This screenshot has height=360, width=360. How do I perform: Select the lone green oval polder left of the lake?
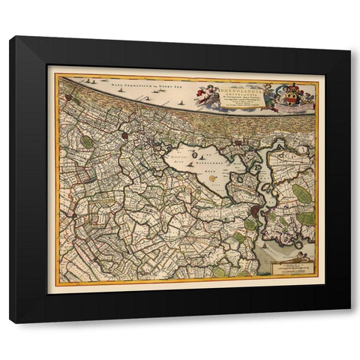pyautogui.click(x=88, y=141)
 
